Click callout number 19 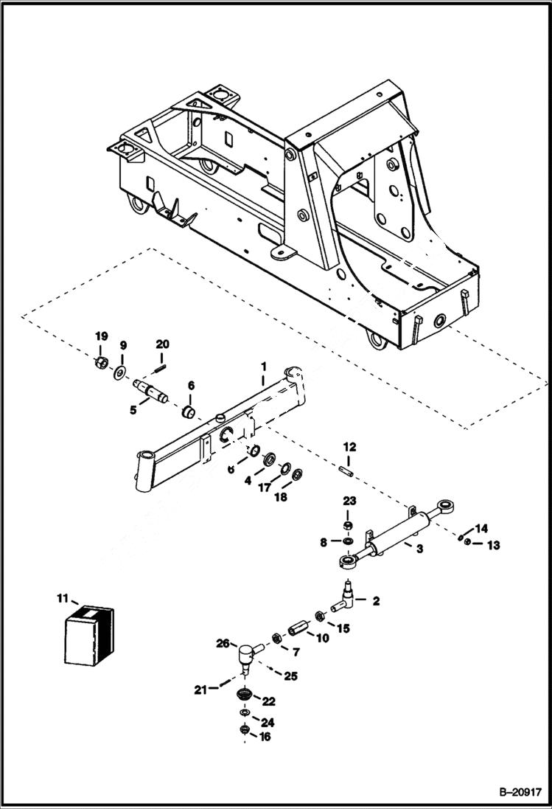point(101,336)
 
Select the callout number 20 point(162,344)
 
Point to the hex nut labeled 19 point(103,364)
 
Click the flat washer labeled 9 point(119,371)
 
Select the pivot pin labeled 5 point(151,388)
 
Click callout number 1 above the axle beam point(262,366)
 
